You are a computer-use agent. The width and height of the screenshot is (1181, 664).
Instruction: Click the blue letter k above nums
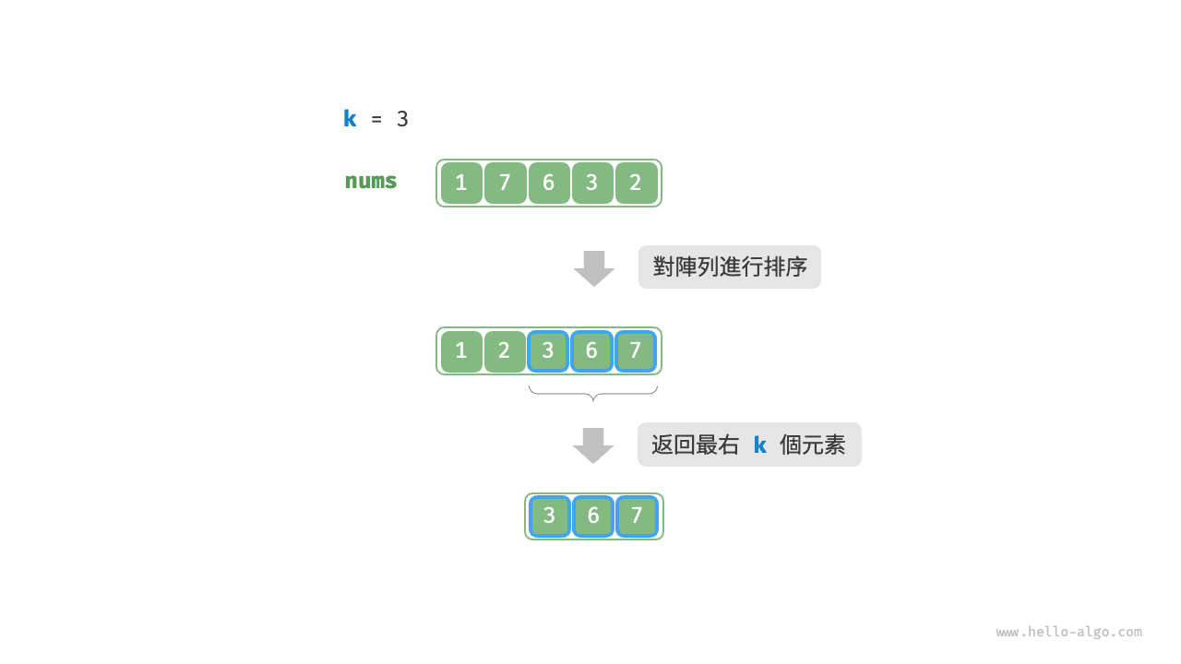pyautogui.click(x=350, y=119)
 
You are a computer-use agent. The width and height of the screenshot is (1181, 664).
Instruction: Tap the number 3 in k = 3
pyautogui.click(x=402, y=119)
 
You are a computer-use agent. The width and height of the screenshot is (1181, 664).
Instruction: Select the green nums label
pyautogui.click(x=371, y=182)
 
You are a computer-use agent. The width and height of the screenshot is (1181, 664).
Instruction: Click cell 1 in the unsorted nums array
pyautogui.click(x=461, y=183)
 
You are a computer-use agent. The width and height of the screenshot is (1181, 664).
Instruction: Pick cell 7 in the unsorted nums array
pyautogui.click(x=505, y=183)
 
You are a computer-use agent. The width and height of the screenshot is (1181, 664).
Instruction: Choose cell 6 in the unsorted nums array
pyautogui.click(x=549, y=183)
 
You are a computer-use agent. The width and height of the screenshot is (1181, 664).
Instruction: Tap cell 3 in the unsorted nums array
pyautogui.click(x=592, y=183)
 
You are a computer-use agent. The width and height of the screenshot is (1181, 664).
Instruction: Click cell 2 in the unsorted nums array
pyautogui.click(x=636, y=183)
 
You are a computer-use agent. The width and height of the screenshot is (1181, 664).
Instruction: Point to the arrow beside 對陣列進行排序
pyautogui.click(x=594, y=268)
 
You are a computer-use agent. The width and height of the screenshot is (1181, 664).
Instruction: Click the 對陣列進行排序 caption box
pyautogui.click(x=730, y=267)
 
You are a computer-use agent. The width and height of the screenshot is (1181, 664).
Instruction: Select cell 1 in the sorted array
pyautogui.click(x=461, y=351)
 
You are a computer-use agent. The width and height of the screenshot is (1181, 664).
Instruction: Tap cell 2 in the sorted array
pyautogui.click(x=505, y=351)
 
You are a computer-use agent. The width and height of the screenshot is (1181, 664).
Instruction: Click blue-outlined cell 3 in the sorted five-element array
pyautogui.click(x=548, y=351)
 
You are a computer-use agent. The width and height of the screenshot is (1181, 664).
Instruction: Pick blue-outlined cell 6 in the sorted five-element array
pyautogui.click(x=591, y=351)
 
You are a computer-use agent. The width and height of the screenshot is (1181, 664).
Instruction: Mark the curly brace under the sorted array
pyautogui.click(x=593, y=393)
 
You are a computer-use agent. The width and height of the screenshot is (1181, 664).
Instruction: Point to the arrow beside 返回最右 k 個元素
pyautogui.click(x=593, y=445)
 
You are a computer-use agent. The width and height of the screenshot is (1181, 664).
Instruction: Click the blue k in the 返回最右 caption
pyautogui.click(x=759, y=445)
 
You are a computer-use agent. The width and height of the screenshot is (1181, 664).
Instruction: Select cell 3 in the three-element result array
pyautogui.click(x=549, y=516)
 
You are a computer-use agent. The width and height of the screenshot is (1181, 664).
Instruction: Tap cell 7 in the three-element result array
pyautogui.click(x=637, y=516)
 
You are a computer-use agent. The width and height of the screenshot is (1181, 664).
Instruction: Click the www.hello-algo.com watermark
pyautogui.click(x=1068, y=632)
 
